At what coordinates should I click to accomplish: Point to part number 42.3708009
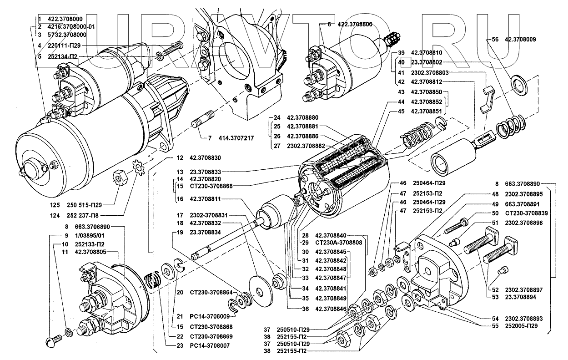click(520, 40)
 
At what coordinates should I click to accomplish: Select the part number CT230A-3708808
click(338, 243)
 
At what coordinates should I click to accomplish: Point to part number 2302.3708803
click(430, 73)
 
